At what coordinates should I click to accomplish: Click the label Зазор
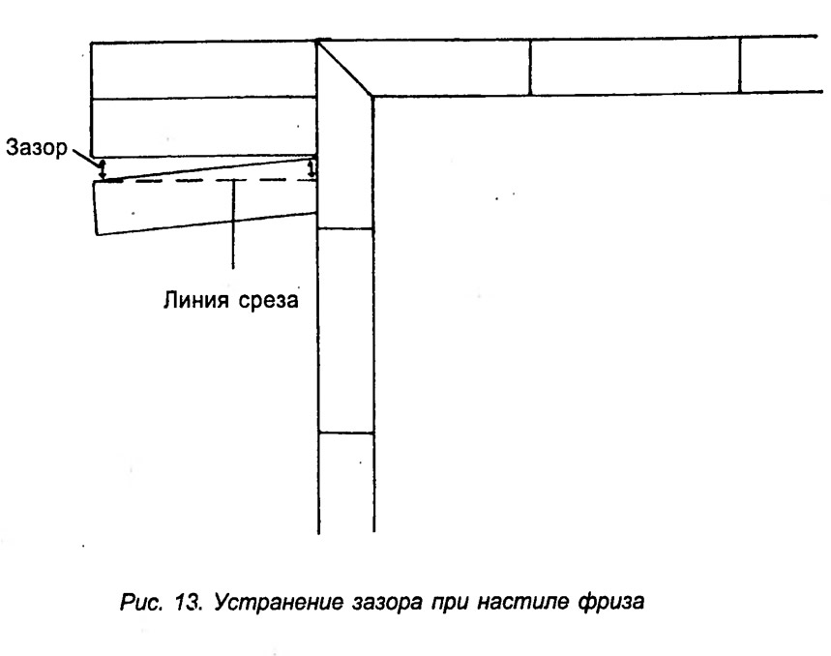pos(37,147)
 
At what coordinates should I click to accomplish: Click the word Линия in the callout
pos(195,300)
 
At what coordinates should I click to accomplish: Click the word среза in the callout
pos(268,301)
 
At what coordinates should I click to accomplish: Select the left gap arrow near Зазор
pos(103,169)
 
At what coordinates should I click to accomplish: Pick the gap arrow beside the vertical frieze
pos(312,168)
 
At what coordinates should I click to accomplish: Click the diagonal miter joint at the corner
pos(344,68)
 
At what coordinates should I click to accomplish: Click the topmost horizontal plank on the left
pos(204,70)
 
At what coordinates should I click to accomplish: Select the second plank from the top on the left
pos(204,127)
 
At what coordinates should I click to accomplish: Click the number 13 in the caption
pos(188,602)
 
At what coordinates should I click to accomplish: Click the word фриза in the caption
pos(611,603)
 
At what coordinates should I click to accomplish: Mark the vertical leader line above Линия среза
pos(233,224)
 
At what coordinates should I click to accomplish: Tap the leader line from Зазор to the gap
pos(85,157)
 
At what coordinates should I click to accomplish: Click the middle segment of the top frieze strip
pos(635,66)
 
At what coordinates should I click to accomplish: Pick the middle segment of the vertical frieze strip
pos(346,331)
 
